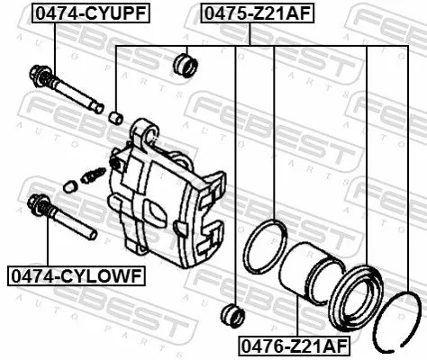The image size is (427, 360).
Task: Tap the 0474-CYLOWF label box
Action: click(73, 274)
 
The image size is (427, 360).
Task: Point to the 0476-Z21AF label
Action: click(293, 346)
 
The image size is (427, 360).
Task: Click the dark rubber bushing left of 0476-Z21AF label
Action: click(232, 315)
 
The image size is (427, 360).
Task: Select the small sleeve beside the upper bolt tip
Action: click(114, 116)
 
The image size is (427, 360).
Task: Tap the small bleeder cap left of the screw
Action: click(70, 186)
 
